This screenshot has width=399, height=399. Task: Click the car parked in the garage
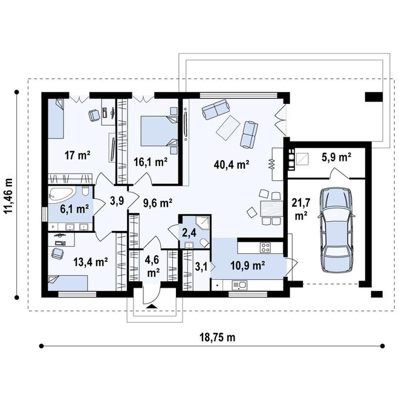click(336, 230)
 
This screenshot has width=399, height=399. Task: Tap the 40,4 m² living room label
click(232, 164)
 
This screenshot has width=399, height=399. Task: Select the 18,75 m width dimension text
click(217, 337)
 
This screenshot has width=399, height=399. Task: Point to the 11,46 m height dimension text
click(9, 195)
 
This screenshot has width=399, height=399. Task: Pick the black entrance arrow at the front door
click(152, 306)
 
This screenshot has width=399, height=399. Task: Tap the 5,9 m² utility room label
click(336, 158)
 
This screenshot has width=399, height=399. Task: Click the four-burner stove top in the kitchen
click(265, 247)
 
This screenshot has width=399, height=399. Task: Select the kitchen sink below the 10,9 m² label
click(239, 285)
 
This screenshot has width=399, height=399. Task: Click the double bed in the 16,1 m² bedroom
click(160, 131)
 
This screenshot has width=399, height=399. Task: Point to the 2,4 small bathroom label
click(190, 233)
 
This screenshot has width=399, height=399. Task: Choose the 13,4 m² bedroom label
click(91, 262)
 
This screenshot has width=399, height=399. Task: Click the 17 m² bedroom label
click(77, 155)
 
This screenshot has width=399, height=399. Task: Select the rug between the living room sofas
click(228, 128)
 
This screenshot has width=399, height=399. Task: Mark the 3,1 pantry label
click(201, 268)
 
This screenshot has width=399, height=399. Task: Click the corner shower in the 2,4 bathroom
click(203, 223)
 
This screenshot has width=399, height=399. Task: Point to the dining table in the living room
click(272, 209)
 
